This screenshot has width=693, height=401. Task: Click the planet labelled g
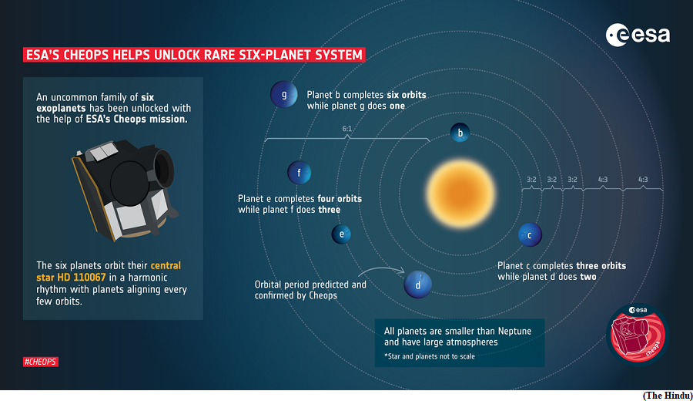click(283, 94)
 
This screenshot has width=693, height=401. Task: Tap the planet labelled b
click(460, 133)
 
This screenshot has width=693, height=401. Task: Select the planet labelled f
click(300, 173)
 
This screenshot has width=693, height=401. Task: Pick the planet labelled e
click(341, 234)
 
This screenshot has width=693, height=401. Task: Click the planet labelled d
click(417, 285)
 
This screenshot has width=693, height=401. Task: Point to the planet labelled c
click(530, 235)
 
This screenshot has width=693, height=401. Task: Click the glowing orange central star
click(460, 194)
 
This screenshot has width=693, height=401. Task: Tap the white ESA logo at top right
click(638, 35)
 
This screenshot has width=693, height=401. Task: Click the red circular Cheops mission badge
click(638, 335)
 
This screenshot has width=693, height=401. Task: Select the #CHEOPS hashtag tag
click(41, 362)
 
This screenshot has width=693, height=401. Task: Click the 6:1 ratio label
click(347, 129)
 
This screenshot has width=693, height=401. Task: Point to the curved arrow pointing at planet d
click(381, 269)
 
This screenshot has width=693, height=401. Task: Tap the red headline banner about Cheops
click(194, 55)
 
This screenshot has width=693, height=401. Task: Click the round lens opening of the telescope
click(165, 168)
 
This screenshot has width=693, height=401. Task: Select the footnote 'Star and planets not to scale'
click(429, 356)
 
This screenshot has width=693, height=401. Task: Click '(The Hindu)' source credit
click(668, 396)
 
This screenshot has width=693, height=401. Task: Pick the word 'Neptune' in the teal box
click(514, 331)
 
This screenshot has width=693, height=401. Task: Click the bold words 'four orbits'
click(340, 199)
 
